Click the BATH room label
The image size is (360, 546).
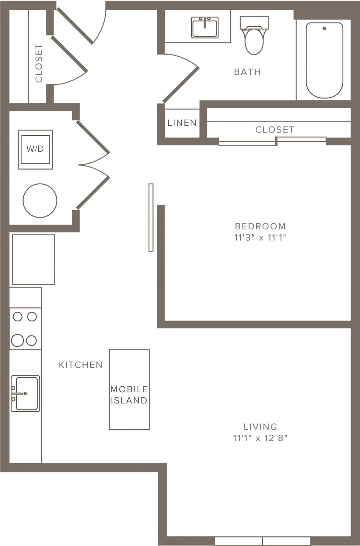(247, 72)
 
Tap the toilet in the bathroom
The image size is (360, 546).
(254, 35)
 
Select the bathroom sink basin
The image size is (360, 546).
(205, 27)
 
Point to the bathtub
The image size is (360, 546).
(324, 60)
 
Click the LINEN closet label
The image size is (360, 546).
(182, 123)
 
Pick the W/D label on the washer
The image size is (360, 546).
(35, 149)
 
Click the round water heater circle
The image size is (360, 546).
(40, 201)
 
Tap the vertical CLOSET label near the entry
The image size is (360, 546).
(39, 63)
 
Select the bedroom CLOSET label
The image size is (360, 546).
(275, 129)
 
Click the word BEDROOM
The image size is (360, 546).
(260, 226)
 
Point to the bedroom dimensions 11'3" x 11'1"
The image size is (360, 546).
(260, 237)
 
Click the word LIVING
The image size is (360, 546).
(260, 426)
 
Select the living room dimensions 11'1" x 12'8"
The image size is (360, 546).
(260, 438)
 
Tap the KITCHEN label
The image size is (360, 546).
(81, 365)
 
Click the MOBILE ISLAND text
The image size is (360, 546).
(129, 395)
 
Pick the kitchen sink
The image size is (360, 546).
(25, 393)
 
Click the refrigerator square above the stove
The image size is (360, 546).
(33, 259)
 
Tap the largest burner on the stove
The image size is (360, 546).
(17, 340)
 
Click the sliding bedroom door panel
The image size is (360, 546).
(151, 217)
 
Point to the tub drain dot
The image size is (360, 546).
(324, 28)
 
